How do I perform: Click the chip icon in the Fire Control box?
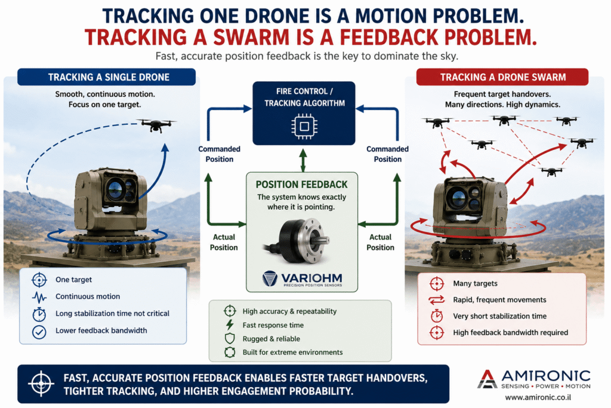pyautogui.click(x=304, y=127)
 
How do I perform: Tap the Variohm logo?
pyautogui.click(x=303, y=279)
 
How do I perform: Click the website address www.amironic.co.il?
pyautogui.click(x=538, y=397)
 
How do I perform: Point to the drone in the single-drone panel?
pyautogui.click(x=157, y=125)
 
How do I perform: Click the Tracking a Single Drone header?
pyautogui.click(x=106, y=77)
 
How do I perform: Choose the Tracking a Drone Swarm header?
pyautogui.click(x=502, y=77)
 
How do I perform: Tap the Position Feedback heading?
pyautogui.click(x=301, y=185)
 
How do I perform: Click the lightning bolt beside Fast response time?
pyautogui.click(x=230, y=324)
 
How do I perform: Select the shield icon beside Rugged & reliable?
pyautogui.click(x=230, y=338)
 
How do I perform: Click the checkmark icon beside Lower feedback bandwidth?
pyautogui.click(x=39, y=332)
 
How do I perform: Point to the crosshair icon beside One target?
pyautogui.click(x=39, y=280)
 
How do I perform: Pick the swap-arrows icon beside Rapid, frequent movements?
pyautogui.click(x=436, y=299)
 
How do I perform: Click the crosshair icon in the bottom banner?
pyautogui.click(x=41, y=384)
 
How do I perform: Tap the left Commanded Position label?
pyautogui.click(x=220, y=154)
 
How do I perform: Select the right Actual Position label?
pyautogui.click(x=380, y=242)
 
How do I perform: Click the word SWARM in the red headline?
pyautogui.click(x=251, y=38)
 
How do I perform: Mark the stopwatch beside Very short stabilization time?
pyautogui.click(x=436, y=315)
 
